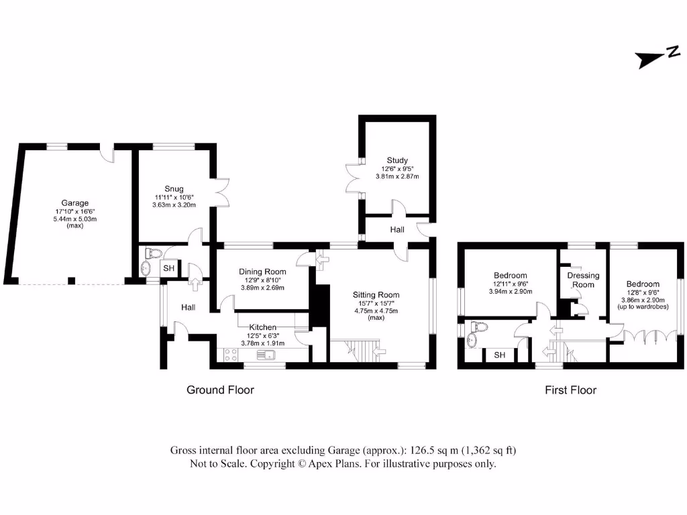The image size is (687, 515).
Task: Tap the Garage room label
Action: coord(75,203)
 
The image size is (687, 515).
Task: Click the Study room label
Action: coord(397,160)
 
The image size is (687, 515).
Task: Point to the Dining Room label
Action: coord(262,272)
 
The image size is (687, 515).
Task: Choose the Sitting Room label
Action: coord(376,294)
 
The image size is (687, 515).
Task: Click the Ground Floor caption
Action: coord(220,390)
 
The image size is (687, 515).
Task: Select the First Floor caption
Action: coord(570,390)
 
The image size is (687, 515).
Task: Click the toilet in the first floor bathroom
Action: coord(479,327)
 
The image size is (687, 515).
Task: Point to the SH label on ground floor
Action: coord(168,268)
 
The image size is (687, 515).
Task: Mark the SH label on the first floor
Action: coord(500,355)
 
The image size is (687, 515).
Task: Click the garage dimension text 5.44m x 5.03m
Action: coord(75,219)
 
